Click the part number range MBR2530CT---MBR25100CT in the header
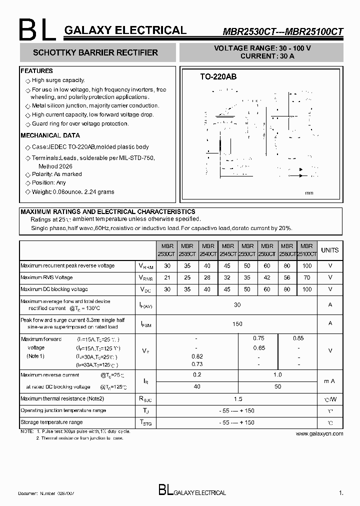(x=282, y=31)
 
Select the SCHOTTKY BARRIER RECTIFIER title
(x=95, y=52)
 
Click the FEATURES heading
(x=36, y=71)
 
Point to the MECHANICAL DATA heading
(x=50, y=135)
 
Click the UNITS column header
(x=329, y=250)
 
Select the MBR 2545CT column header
(x=227, y=250)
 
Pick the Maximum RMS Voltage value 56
(x=287, y=277)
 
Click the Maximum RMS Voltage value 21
(x=167, y=277)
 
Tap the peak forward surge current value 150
(x=237, y=323)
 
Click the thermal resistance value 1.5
(x=237, y=399)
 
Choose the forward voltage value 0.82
(x=197, y=356)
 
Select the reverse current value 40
(x=197, y=386)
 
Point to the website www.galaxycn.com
(x=319, y=433)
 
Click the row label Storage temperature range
(x=51, y=422)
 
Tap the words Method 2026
(x=55, y=166)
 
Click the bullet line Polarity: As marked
(x=56, y=174)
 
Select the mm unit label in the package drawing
(x=309, y=193)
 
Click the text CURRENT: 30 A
(x=267, y=56)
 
